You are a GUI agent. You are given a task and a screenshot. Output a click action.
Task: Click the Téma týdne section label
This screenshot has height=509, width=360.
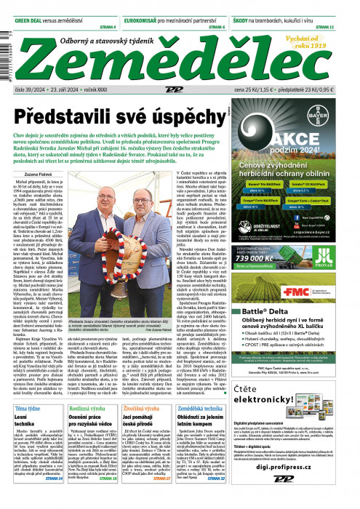point(30,409)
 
